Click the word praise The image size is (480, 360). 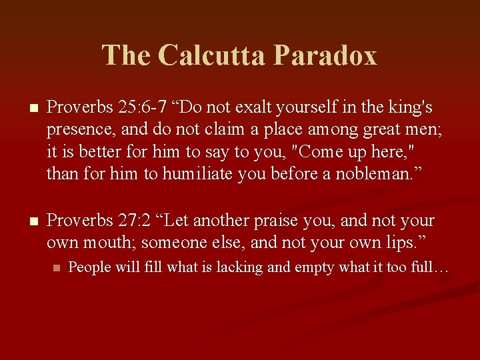(294, 221)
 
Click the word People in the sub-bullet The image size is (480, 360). (88, 267)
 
